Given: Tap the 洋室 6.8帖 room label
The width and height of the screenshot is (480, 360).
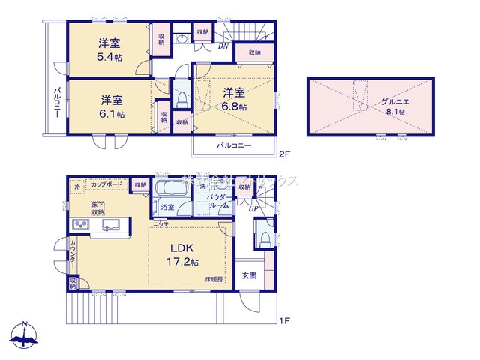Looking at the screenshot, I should coord(234,99).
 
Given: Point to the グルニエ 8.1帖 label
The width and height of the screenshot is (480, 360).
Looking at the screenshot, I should coord(391,105).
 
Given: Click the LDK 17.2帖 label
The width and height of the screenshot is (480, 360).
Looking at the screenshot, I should coord(182,254).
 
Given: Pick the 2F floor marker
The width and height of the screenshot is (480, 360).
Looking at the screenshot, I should coord(284,155).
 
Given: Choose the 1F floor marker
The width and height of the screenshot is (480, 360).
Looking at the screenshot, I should coord(284,322).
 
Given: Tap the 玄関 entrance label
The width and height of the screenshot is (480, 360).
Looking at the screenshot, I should coord(250,275).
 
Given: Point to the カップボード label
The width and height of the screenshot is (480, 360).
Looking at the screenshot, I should coord(108,184).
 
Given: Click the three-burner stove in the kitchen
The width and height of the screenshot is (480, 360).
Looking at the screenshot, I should coord(80,226).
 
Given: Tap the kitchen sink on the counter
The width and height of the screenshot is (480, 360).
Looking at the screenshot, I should coord(112,226).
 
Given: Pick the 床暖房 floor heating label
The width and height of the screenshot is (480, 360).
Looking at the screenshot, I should coord(215,279).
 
